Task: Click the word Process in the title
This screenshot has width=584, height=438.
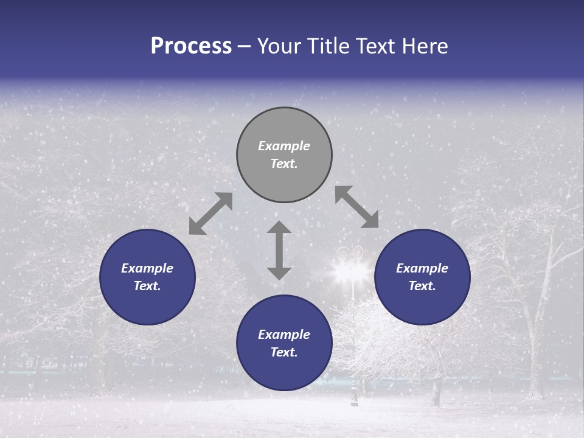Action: [x=191, y=46]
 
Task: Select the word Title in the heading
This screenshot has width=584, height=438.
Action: [x=329, y=46]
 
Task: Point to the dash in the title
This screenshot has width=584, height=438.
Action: [x=245, y=47]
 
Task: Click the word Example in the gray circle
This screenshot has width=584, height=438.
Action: [x=284, y=146]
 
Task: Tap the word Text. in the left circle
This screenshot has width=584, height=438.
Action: [x=147, y=286]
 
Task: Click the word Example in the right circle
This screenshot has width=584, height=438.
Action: [x=422, y=268]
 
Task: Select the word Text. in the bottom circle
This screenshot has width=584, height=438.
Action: [x=284, y=352]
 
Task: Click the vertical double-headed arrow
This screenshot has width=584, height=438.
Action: [x=279, y=251]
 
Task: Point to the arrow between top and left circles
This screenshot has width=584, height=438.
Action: [x=210, y=214]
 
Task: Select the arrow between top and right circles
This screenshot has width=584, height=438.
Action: [x=357, y=207]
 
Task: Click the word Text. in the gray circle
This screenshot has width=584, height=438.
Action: [x=284, y=164]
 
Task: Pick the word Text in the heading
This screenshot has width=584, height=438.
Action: [x=374, y=46]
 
